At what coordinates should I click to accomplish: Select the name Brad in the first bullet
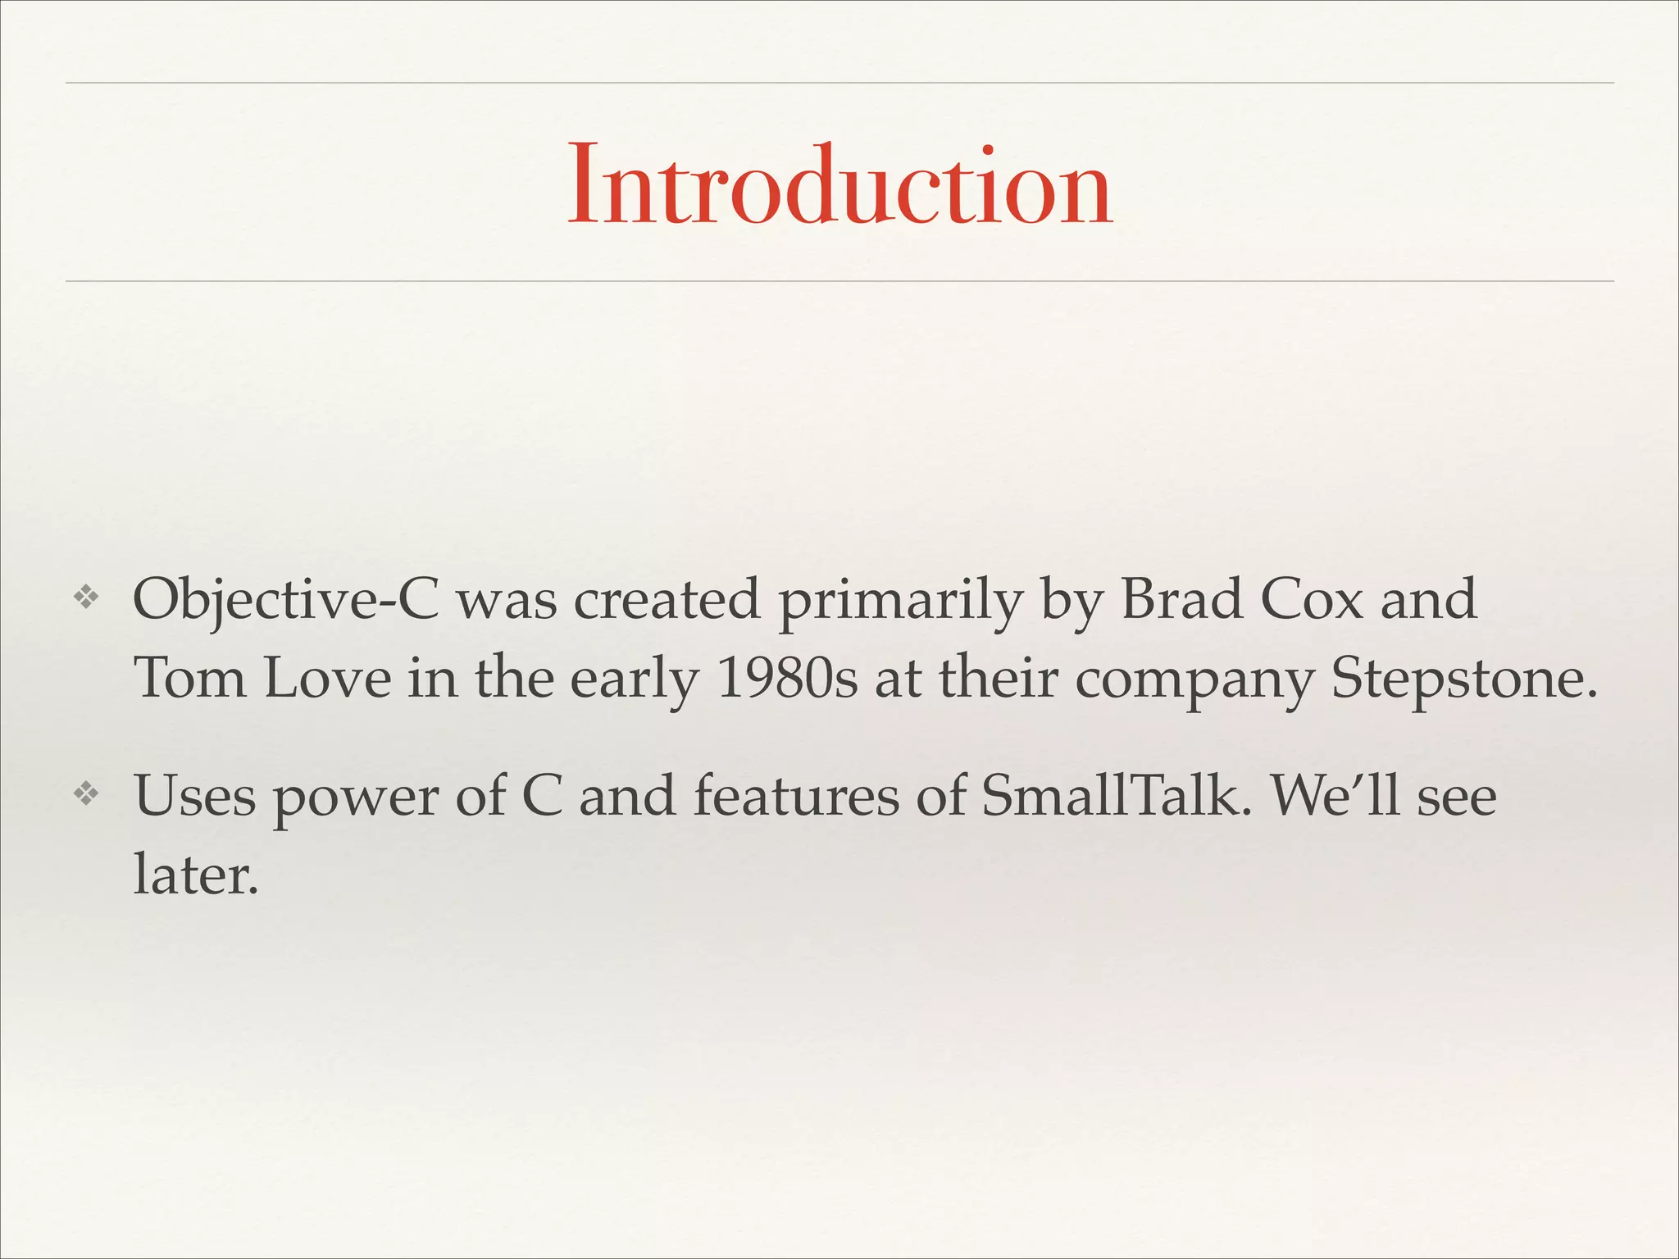pyautogui.click(x=1181, y=599)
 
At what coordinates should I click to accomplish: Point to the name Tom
pyautogui.click(x=189, y=679)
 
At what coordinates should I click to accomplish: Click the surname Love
pyautogui.click(x=327, y=679)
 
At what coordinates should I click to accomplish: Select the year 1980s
pyautogui.click(x=787, y=679)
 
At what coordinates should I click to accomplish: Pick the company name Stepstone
pyautogui.click(x=1463, y=680)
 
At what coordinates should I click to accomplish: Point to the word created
pyautogui.click(x=667, y=599)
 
